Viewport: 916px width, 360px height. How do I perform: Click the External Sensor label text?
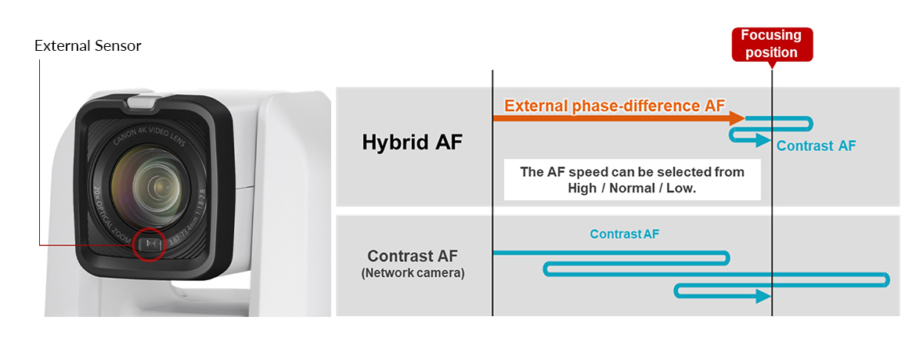pyautogui.click(x=88, y=45)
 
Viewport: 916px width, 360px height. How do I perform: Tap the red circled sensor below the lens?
pyautogui.click(x=149, y=244)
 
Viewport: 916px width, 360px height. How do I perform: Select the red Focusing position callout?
pyautogui.click(x=771, y=45)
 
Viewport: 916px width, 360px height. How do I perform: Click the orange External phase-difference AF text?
pyautogui.click(x=615, y=106)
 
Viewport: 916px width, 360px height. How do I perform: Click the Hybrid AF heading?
pyautogui.click(x=412, y=142)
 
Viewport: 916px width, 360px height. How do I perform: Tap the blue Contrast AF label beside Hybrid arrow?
pyautogui.click(x=816, y=146)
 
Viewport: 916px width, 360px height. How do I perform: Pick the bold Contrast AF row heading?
pyautogui.click(x=412, y=256)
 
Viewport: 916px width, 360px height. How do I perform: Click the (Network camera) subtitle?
pyautogui.click(x=412, y=273)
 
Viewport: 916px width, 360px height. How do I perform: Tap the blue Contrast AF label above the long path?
pyautogui.click(x=625, y=234)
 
